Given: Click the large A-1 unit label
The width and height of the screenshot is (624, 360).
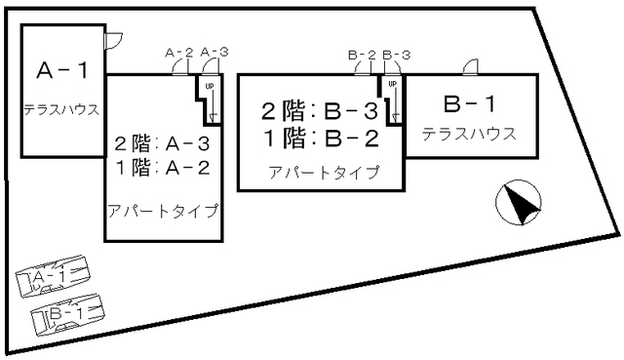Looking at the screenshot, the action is tap(62, 71).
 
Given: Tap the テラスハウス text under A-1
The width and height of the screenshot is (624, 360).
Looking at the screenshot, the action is tap(62, 109).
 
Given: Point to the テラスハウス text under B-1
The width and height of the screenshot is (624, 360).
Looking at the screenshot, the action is tap(469, 134).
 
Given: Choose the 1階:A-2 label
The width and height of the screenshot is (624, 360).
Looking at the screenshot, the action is tap(163, 167).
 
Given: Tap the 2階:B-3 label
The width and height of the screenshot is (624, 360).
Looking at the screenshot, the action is tap(319, 110).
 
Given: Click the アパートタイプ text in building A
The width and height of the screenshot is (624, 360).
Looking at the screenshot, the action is tap(162, 210).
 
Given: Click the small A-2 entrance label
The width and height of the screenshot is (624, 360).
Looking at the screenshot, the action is tap(179, 52).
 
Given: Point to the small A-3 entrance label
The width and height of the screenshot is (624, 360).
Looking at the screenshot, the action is tap(214, 52).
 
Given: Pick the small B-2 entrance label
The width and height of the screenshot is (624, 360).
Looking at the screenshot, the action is tap(362, 55).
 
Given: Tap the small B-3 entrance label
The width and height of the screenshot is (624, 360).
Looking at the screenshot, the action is tap(396, 55).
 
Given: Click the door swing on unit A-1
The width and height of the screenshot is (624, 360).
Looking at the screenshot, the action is tap(112, 39).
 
